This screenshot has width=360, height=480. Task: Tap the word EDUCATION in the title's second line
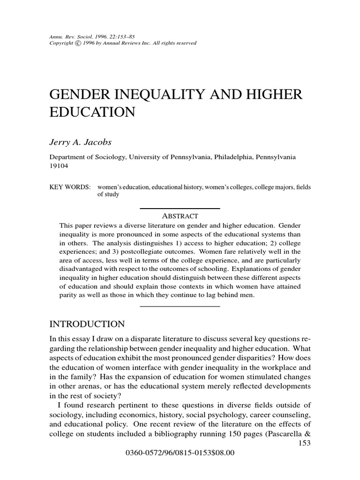92,113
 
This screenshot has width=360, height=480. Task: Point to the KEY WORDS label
70,187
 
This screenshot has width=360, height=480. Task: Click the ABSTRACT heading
180,216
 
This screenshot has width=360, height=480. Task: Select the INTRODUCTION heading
87,324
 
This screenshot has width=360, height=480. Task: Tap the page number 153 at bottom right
305,443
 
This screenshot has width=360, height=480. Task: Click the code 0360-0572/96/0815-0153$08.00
180,453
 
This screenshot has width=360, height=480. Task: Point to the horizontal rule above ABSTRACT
180,208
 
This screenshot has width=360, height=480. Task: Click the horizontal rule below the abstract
180,307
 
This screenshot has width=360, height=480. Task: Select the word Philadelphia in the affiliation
232,157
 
